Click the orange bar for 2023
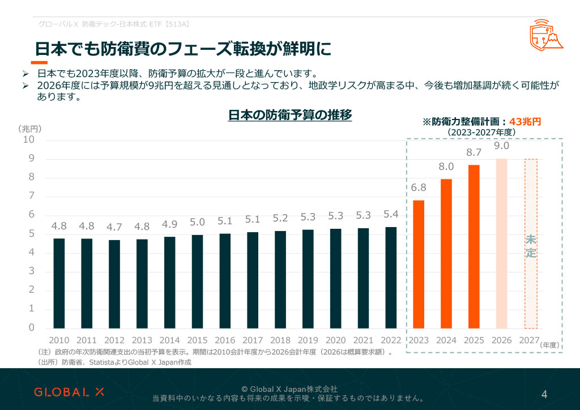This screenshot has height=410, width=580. pyautogui.click(x=419, y=264)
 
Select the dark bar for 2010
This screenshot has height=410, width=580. pyautogui.click(x=59, y=283)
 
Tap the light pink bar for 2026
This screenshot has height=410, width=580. pyautogui.click(x=502, y=244)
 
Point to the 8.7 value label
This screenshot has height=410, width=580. pyautogui.click(x=474, y=152)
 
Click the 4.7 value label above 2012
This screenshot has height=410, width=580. pyautogui.click(x=114, y=227)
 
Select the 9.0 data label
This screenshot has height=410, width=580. pyautogui.click(x=502, y=146)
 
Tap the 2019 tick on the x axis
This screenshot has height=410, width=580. pyautogui.click(x=308, y=340)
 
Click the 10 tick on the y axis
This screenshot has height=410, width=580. pyautogui.click(x=28, y=140)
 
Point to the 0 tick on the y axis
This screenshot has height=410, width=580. pyautogui.click(x=31, y=328)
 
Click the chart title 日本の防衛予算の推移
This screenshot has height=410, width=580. pyautogui.click(x=290, y=115)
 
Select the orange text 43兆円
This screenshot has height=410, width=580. pyautogui.click(x=526, y=121)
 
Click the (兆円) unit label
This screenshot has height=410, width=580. pyautogui.click(x=29, y=129)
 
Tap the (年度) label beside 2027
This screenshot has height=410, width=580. pyautogui.click(x=550, y=344)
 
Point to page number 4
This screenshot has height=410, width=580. pyautogui.click(x=544, y=394)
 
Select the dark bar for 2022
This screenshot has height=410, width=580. pyautogui.click(x=391, y=277)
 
